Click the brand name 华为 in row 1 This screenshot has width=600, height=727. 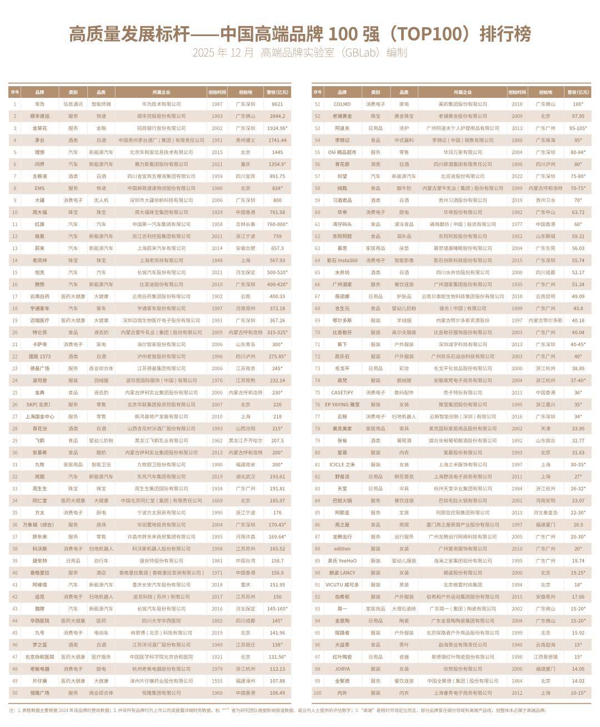pos(39,104)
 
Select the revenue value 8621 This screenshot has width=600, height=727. pos(277,104)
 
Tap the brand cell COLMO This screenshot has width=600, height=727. pos(342,104)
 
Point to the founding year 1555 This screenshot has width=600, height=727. pos(217,681)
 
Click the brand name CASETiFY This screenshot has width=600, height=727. pos(342,392)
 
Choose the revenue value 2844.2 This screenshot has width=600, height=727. pos(277,116)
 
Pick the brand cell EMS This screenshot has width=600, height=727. pos(39,188)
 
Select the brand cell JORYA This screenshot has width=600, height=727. pos(342,669)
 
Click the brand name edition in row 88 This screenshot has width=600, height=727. pos(342,549)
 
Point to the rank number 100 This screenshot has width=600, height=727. pos(317,693)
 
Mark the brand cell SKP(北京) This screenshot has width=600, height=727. pos(39,405)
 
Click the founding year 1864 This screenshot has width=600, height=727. pos(517,681)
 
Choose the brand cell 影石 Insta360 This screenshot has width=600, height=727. pos(342,260)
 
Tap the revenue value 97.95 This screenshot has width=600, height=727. pos(578,116)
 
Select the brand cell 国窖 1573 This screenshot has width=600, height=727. pos(39,356)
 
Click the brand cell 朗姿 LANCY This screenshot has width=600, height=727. pos(342,572)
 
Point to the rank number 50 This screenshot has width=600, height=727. pos(15,693)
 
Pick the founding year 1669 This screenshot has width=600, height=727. pos(217,501)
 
